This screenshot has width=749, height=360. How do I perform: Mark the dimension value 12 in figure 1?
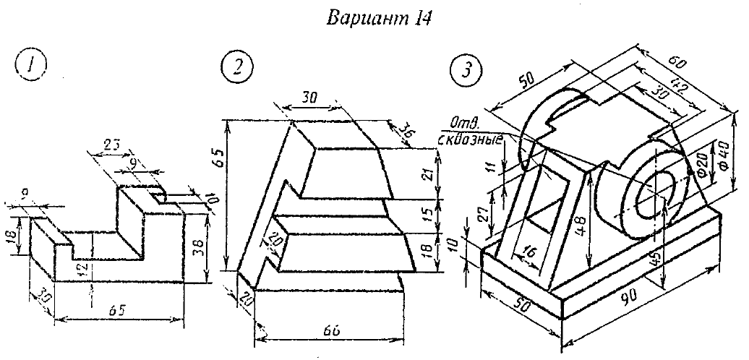coord(85,270)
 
